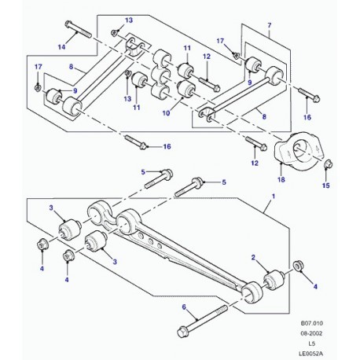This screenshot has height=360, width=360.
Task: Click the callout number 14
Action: tap(61, 47)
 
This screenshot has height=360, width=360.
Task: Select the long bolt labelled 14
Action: tap(78, 29)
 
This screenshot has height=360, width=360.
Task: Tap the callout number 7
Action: tap(270, 26)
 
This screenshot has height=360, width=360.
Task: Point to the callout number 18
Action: tap(281, 180)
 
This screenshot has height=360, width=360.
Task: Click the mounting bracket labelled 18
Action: tap(298, 150)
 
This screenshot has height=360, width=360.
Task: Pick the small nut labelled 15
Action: tap(328, 164)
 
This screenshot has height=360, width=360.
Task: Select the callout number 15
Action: tap(325, 186)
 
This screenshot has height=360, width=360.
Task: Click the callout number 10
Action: tap(166, 113)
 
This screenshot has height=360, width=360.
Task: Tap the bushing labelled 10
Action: tap(186, 89)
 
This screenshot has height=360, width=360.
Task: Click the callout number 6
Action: tap(184, 307)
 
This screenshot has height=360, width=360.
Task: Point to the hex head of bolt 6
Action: tap(182, 332)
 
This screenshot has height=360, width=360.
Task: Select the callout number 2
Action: tap(253, 258)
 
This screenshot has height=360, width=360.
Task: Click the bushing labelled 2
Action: tap(274, 280)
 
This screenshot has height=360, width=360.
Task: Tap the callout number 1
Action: tap(274, 196)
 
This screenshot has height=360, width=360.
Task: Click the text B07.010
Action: tap(312, 323)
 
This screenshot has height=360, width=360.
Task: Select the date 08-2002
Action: tap(312, 333)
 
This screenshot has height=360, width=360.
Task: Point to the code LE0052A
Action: tap(311, 354)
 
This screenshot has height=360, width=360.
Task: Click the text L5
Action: tap(312, 343)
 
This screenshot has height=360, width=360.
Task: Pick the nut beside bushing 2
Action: tap(297, 266)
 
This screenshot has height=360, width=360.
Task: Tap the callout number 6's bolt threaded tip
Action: tap(224, 308)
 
